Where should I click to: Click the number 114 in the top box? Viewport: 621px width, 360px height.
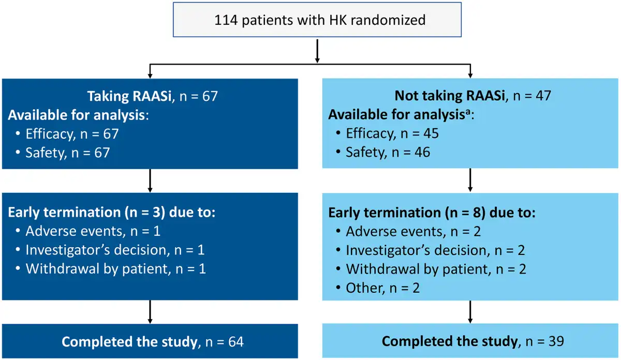pyautogui.click(x=226, y=20)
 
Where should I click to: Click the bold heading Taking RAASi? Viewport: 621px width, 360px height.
pyautogui.click(x=129, y=96)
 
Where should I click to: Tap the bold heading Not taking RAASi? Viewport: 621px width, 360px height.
pyautogui.click(x=450, y=96)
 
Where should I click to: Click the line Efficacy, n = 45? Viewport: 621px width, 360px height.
pyautogui.click(x=392, y=133)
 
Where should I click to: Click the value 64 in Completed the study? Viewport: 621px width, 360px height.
pyautogui.click(x=236, y=342)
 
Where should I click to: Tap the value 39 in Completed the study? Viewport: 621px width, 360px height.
pyautogui.click(x=556, y=341)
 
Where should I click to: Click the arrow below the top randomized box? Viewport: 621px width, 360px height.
pyautogui.click(x=317, y=51)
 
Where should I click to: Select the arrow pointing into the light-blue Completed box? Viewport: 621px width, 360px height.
pyautogui.click(x=470, y=312)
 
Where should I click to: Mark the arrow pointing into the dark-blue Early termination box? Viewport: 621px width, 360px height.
pyautogui.click(x=150, y=181)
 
